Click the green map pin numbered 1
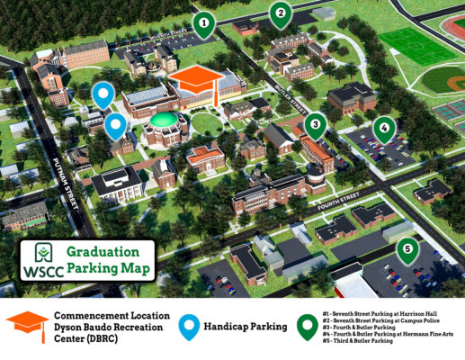[x=206, y=24]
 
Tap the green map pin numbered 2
[x=281, y=13]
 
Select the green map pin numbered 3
[x=314, y=125]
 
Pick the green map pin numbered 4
[x=384, y=129]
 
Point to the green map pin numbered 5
[x=408, y=249]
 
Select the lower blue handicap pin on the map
[x=115, y=126]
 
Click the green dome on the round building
[x=164, y=120]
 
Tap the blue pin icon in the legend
[x=188, y=328]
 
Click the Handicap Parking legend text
[x=244, y=328]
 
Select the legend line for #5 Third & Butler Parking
[x=361, y=342]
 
